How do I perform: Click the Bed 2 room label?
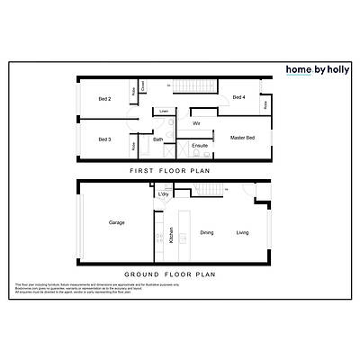coord(103,98)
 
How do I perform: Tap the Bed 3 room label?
coord(103,139)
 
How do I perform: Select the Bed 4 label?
coord(238,97)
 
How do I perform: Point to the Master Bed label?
coord(243,138)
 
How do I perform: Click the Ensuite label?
coord(200,145)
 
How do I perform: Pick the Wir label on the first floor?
coord(196,122)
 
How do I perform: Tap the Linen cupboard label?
coord(164,112)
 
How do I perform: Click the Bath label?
coord(157,139)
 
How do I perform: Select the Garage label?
coord(116,222)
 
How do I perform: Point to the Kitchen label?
coord(171,236)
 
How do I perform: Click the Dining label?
coord(207,233)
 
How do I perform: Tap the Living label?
coord(242,233)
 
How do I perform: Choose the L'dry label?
coord(164,194)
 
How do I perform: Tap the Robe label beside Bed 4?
coord(265,105)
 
